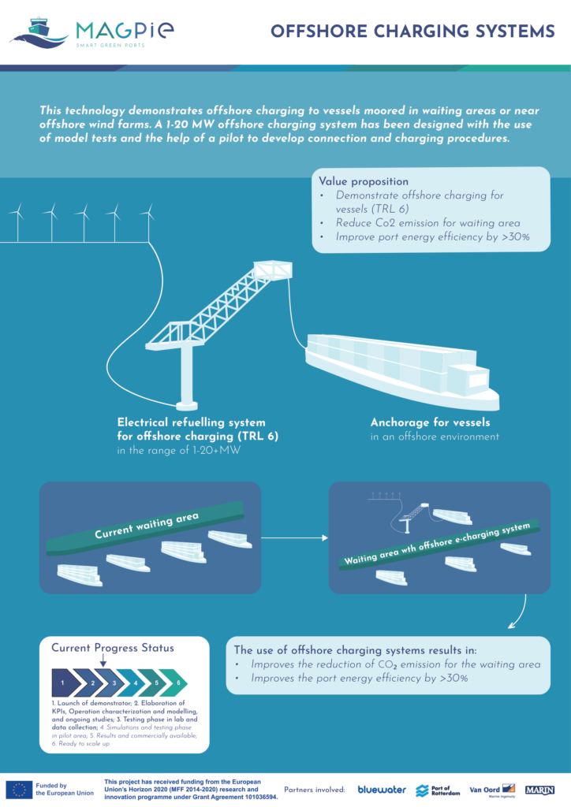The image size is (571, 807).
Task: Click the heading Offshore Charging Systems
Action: pyautogui.click(x=412, y=32)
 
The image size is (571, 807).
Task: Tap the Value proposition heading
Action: pyautogui.click(x=364, y=181)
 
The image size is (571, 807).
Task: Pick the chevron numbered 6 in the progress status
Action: pyautogui.click(x=174, y=682)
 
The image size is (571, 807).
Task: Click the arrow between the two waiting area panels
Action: pyautogui.click(x=294, y=537)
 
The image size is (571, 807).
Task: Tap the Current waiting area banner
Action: pyautogui.click(x=145, y=528)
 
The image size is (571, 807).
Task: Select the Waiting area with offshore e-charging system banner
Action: pyautogui.click(x=439, y=544)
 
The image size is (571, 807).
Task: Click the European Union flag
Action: pyautogui.click(x=19, y=790)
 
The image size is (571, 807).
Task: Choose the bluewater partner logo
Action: pyautogui.click(x=382, y=790)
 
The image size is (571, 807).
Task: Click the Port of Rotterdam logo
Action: pyautogui.click(x=438, y=790)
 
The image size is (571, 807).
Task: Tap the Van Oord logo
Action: pyautogui.click(x=492, y=790)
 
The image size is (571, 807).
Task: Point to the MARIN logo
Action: pyautogui.click(x=539, y=790)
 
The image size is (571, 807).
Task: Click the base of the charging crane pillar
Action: pyautogui.click(x=186, y=404)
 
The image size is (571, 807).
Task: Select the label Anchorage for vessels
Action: pyautogui.click(x=430, y=422)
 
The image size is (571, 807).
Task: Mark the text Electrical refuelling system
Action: pyautogui.click(x=191, y=422)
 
